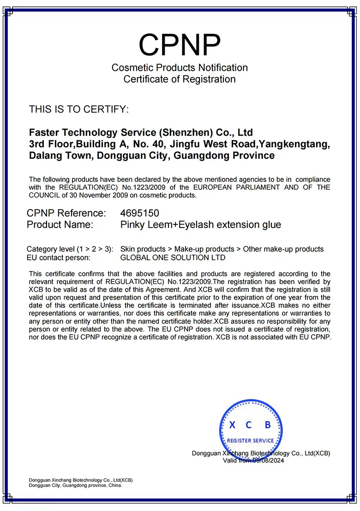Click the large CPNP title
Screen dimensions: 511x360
tap(180, 44)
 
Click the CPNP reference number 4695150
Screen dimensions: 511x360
tap(139, 213)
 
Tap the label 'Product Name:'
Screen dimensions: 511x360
tap(60, 225)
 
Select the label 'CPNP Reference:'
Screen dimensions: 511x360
tap(66, 213)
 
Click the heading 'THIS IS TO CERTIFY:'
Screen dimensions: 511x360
tap(79, 109)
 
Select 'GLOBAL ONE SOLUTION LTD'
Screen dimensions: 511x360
tap(173, 258)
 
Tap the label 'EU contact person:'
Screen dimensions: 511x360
tap(59, 258)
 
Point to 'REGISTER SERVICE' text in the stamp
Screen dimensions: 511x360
tap(250, 440)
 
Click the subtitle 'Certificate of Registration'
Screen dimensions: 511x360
tap(180, 79)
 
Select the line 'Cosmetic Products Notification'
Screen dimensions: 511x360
tap(180, 67)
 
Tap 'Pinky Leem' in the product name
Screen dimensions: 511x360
tap(146, 225)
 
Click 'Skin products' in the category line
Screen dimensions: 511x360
tap(143, 249)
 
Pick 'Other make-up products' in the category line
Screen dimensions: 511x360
tap(283, 249)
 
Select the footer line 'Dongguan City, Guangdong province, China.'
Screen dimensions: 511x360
tap(75, 485)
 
